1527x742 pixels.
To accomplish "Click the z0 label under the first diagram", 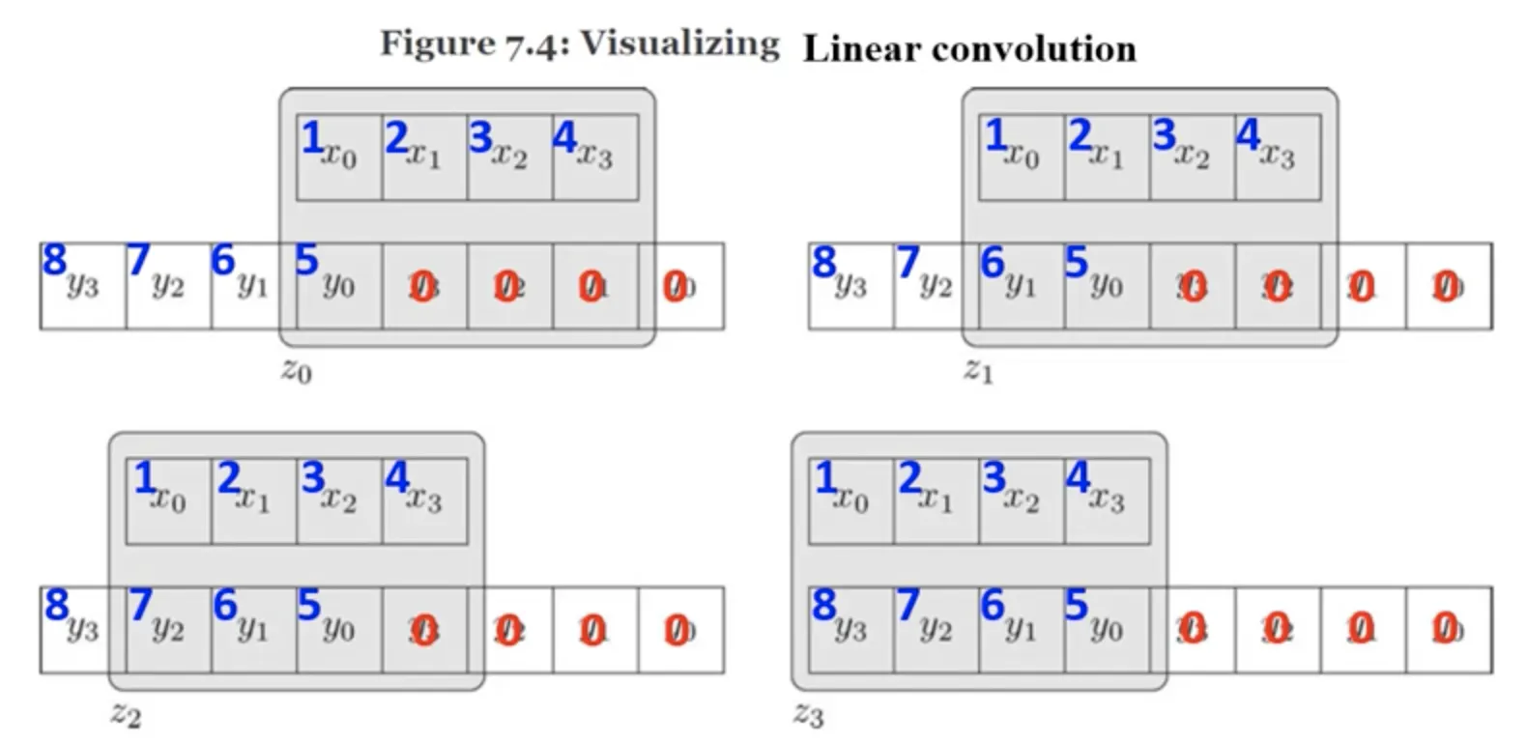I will pos(296,370).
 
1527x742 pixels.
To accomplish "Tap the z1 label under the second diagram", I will pos(978,370).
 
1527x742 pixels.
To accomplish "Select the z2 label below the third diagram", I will pos(126,714).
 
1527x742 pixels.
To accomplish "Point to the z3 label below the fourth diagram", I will pos(808,714).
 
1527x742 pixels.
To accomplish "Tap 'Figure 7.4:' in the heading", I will pos(475,43).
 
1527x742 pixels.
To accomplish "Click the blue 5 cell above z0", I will pos(339,286).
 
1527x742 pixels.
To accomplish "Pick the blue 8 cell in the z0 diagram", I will pos(83,286).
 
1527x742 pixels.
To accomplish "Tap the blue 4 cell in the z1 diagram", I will pos(1278,157).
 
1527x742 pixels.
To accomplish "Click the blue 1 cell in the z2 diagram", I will pos(168,501).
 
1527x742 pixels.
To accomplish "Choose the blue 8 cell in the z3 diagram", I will pos(850,630).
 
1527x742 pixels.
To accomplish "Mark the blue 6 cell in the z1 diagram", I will pos(1021,286).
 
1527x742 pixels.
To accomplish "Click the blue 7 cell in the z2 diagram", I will pos(168,630).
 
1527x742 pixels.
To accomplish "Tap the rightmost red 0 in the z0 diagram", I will pos(680,286).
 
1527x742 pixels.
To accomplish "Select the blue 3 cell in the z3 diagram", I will pos(1021,501).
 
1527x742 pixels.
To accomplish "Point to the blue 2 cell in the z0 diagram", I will pos(424,157).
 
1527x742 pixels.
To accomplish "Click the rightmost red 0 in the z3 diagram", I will pos(1448,630).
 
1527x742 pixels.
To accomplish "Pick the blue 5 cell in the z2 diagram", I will pos(339,630).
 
